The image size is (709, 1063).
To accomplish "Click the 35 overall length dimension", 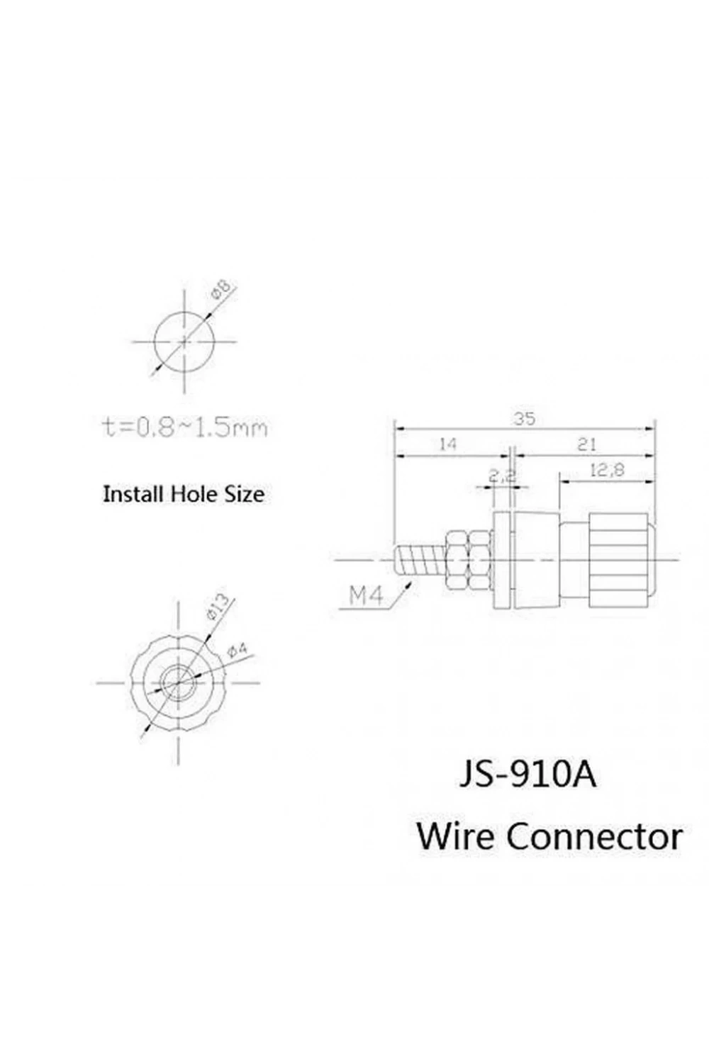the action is [x=524, y=419].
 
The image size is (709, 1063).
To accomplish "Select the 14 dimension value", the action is [x=448, y=444].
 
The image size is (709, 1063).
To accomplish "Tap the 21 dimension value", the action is [x=586, y=444].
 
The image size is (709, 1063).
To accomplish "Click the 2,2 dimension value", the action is [x=502, y=476].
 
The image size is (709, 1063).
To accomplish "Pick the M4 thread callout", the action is [x=366, y=595].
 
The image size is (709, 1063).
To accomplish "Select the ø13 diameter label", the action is [x=218, y=607].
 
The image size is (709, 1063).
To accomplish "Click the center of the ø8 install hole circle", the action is [x=184, y=341].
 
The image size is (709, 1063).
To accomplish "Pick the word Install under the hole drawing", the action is [x=135, y=494].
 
